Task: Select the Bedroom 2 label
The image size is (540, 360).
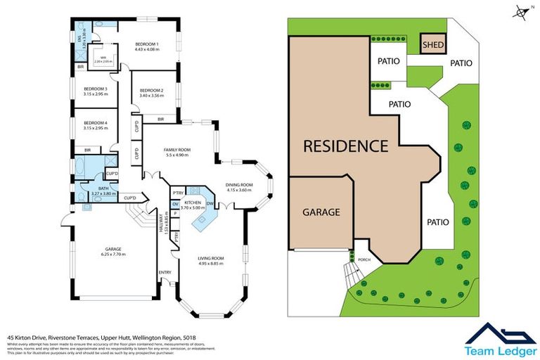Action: click(151, 91)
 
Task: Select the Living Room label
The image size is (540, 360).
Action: click(210, 259)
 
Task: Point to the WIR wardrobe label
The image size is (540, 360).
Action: click(103, 58)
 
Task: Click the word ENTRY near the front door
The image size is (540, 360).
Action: click(165, 273)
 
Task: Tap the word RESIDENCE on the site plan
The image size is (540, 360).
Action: click(345, 147)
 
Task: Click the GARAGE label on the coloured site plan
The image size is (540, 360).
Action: click(321, 212)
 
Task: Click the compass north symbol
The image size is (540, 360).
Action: click(520, 11)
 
